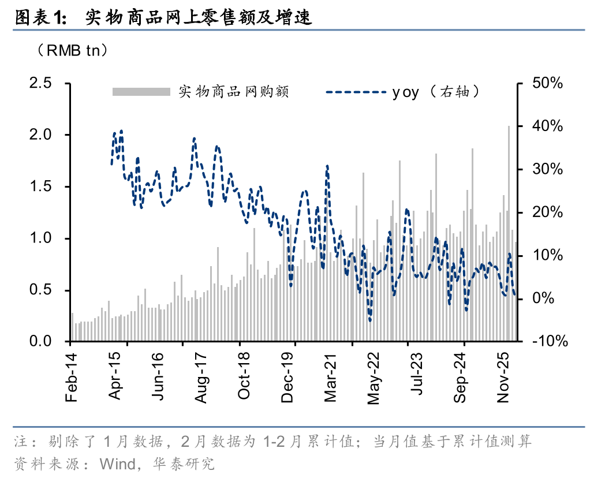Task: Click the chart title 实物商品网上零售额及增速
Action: click(x=199, y=18)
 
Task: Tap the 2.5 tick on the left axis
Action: click(x=40, y=83)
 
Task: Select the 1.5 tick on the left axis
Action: click(x=40, y=186)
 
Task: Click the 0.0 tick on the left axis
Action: click(x=40, y=341)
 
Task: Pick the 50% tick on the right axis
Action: click(x=547, y=83)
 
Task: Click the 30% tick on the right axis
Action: click(x=547, y=169)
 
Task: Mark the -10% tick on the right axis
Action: click(x=550, y=341)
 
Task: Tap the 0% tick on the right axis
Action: click(x=543, y=298)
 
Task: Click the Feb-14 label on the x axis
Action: click(x=72, y=378)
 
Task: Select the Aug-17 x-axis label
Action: click(x=201, y=378)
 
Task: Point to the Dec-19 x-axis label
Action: click(x=287, y=378)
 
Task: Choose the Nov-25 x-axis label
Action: click(x=503, y=378)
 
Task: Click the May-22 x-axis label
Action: click(x=374, y=379)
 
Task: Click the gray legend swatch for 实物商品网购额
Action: click(x=141, y=92)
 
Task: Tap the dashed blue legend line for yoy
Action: click(x=356, y=92)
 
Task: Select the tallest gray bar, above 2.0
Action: click(x=509, y=233)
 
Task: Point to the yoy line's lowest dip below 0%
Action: click(x=370, y=320)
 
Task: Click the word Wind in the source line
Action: click(x=118, y=464)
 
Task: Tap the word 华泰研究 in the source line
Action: click(x=183, y=464)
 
